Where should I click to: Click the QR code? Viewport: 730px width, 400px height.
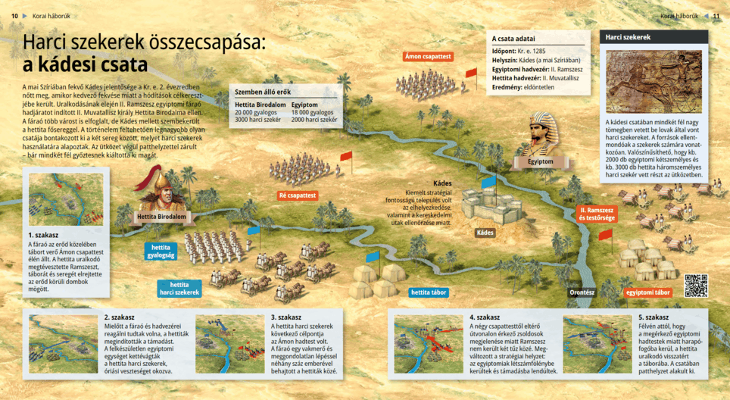point(695,286)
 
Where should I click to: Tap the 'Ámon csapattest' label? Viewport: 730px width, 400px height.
point(429,57)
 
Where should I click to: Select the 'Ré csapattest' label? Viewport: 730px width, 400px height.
point(297,195)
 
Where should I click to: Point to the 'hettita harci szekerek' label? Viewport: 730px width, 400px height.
point(179,288)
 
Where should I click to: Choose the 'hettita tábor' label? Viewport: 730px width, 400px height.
point(429,292)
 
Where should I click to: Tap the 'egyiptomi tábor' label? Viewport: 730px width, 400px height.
point(648,292)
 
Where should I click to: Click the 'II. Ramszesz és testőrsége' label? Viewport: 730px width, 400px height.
point(597,214)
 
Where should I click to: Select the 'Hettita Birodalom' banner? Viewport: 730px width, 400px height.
point(162,217)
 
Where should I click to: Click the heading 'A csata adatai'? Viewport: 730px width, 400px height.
point(514,38)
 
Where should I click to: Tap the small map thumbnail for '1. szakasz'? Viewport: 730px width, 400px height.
point(50,200)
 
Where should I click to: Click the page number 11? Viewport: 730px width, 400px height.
point(716,15)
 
